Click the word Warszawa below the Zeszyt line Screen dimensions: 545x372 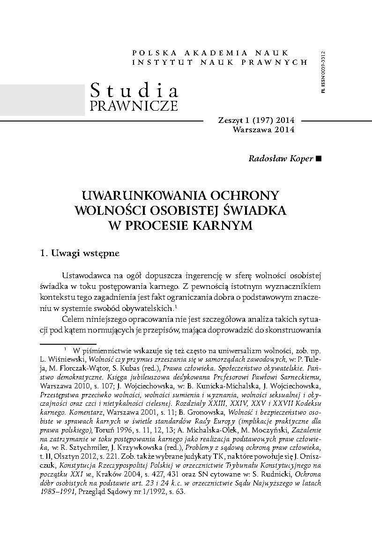click(x=253, y=129)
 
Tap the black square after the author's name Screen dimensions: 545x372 click(x=319, y=159)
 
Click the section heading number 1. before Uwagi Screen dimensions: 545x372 click(x=45, y=254)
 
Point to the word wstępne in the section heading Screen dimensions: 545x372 click(x=102, y=254)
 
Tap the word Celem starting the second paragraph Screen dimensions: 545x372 click(x=73, y=318)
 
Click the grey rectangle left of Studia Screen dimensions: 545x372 click(x=42, y=100)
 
